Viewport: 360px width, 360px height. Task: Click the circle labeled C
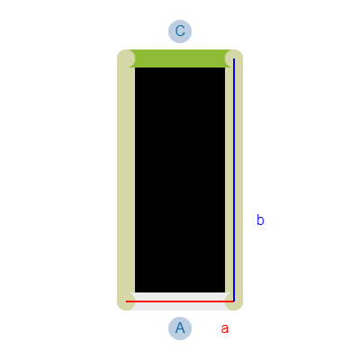(180, 31)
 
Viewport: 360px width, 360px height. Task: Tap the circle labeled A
(180, 328)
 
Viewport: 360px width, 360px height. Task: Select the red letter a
(225, 328)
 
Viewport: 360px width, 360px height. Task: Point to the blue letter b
(260, 220)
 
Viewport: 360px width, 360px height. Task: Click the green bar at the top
(180, 58)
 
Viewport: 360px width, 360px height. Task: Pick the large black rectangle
(180, 180)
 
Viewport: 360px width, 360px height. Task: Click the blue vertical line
(234, 180)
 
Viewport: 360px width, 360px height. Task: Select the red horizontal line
(180, 301)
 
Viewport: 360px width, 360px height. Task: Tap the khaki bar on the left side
(126, 180)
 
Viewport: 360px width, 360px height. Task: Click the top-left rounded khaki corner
(126, 58)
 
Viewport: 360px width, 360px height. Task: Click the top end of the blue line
(234, 58)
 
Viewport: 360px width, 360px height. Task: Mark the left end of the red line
(126, 301)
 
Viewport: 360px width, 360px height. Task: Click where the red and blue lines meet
(234, 301)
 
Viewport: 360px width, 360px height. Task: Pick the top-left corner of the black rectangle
(135, 67)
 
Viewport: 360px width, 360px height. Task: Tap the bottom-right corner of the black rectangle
(225, 292)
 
